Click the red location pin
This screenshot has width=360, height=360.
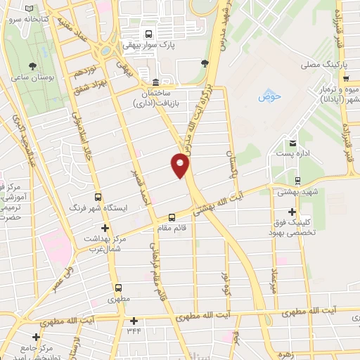point(181,165)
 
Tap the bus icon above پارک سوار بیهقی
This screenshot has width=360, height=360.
point(148,34)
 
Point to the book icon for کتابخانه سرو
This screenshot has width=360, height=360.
point(28,8)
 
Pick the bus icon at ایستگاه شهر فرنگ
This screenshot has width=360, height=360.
point(98,197)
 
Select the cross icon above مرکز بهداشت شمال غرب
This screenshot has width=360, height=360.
point(105,228)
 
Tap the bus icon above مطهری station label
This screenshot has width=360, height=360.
point(118,288)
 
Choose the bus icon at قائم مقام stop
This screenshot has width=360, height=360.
point(172,217)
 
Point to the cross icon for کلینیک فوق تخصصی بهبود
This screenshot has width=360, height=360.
point(292,212)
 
